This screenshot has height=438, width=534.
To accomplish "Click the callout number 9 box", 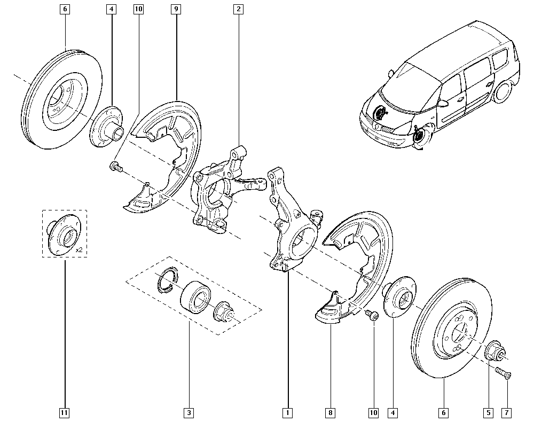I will click(176, 9).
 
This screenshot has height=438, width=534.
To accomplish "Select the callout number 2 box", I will click(238, 9).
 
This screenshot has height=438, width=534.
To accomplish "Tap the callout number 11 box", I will click(65, 412).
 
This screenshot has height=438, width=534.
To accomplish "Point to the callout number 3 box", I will click(189, 412).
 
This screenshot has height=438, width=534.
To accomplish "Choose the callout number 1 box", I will click(288, 412).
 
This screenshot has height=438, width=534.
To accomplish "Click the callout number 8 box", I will click(331, 412).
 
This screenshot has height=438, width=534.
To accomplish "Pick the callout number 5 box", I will click(488, 412).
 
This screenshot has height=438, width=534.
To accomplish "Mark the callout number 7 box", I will click(507, 412).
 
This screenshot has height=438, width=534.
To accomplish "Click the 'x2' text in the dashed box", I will click(79, 249).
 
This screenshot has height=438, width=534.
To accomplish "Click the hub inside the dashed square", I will click(63, 234).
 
